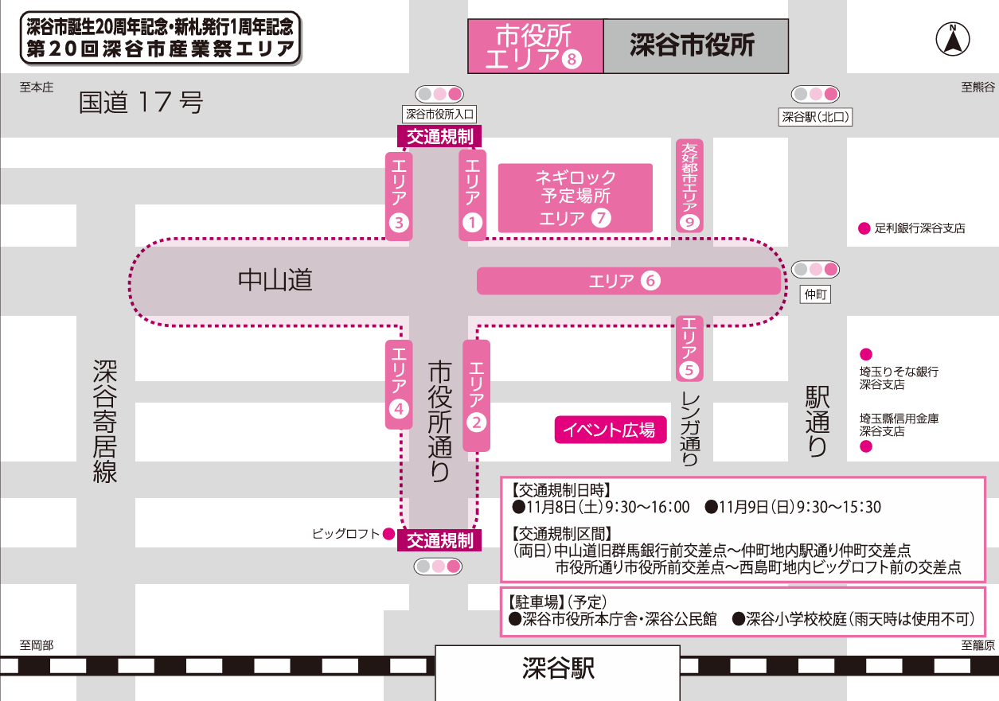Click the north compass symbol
pyautogui.click(x=951, y=41)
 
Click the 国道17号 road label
pyautogui.click(x=141, y=103)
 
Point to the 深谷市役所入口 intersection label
pyautogui.click(x=439, y=115)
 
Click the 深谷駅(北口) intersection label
pyautogui.click(x=815, y=117)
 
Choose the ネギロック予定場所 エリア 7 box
pyautogui.click(x=575, y=198)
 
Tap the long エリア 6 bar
pyautogui.click(x=628, y=281)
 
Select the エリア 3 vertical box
pyautogui.click(x=399, y=195)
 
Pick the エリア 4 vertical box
pyautogui.click(x=399, y=384)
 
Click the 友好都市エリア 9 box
pyautogui.click(x=689, y=185)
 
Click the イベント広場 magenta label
pyautogui.click(x=610, y=430)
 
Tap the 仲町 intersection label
pyautogui.click(x=816, y=294)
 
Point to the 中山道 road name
pyautogui.click(x=275, y=280)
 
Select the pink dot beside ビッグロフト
pyautogui.click(x=388, y=534)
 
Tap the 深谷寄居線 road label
pyautogui.click(x=105, y=421)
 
